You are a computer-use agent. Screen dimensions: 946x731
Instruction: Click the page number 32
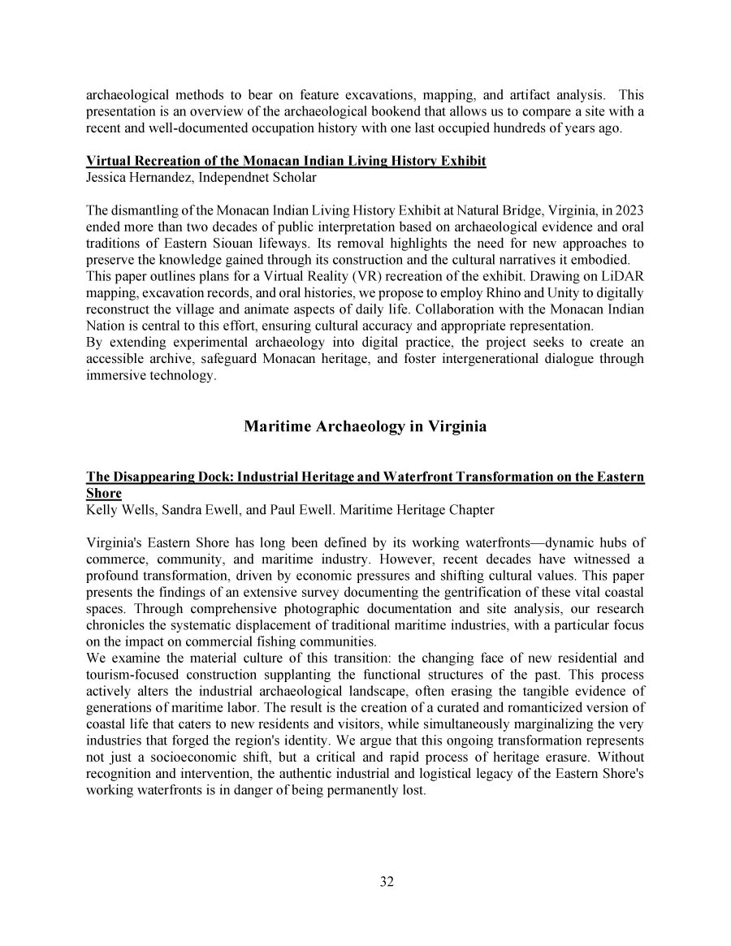coord(387,883)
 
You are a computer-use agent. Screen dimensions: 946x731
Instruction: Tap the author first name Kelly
coord(102,510)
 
